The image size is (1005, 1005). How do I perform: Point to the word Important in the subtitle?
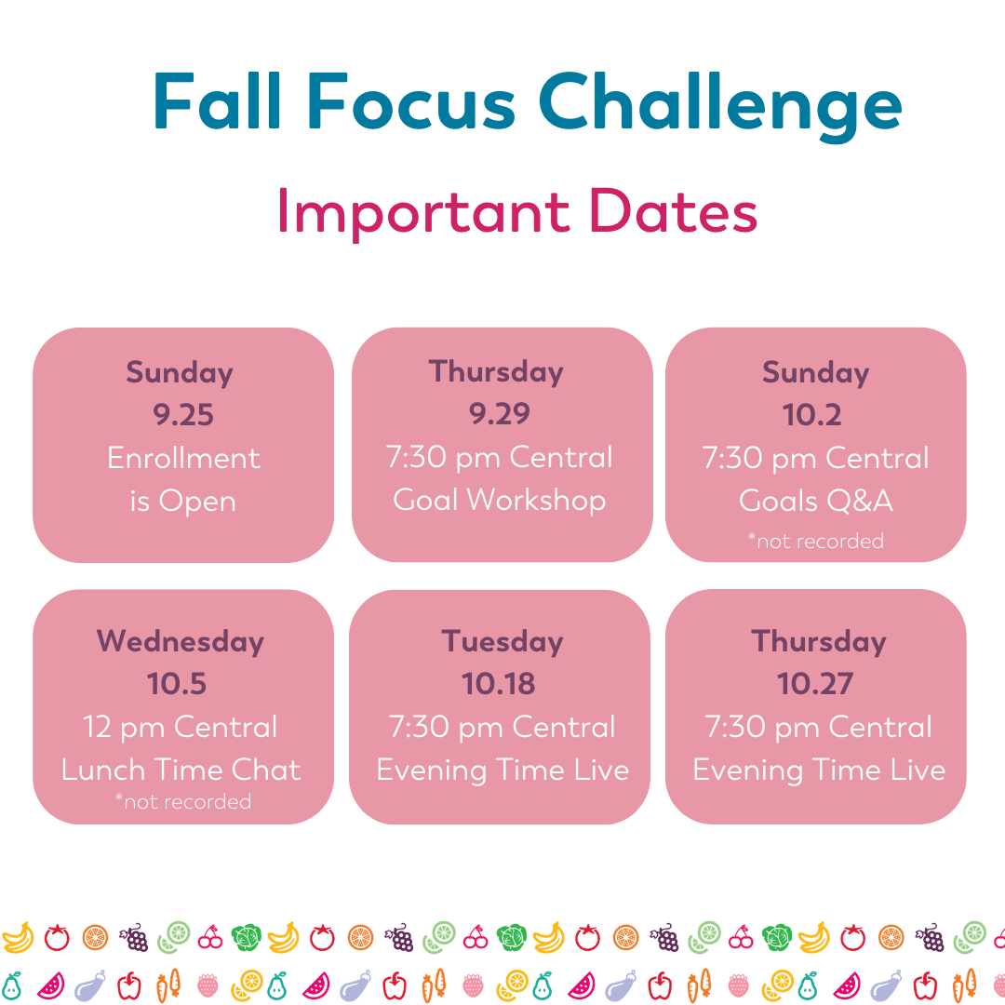click(423, 212)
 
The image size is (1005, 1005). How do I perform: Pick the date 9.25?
click(183, 415)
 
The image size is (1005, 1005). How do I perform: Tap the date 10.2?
click(812, 415)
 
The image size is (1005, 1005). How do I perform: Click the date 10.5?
click(177, 684)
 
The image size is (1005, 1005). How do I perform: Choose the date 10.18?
click(499, 684)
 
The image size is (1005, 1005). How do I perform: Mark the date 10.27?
click(815, 684)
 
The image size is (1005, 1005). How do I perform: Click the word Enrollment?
click(183, 458)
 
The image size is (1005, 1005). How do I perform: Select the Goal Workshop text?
click(500, 500)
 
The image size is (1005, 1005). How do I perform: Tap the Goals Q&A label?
click(816, 501)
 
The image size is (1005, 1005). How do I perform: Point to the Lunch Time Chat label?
click(181, 770)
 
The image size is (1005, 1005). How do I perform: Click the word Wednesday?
click(181, 641)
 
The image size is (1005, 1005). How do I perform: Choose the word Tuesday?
click(502, 641)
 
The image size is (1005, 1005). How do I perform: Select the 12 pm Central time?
click(181, 727)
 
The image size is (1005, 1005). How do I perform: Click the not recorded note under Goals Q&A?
click(816, 541)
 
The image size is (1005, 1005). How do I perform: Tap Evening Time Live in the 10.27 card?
click(819, 770)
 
